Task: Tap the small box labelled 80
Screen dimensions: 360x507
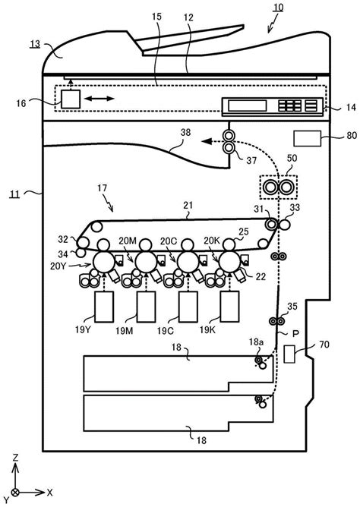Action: tap(308, 138)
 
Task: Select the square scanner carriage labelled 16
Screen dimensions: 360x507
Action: tap(71, 99)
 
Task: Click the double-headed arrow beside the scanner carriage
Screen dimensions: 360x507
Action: tap(99, 98)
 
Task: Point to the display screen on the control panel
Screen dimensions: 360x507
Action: tap(247, 105)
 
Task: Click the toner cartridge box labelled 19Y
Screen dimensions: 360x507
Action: tap(104, 307)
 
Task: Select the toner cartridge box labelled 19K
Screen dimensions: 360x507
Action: tap(229, 307)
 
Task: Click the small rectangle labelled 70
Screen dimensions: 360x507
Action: tap(289, 354)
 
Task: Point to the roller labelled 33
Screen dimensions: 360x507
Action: tap(285, 225)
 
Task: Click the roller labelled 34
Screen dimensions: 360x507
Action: tap(81, 253)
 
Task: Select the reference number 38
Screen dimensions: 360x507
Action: tap(185, 132)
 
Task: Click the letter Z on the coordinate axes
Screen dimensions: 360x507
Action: tap(15, 458)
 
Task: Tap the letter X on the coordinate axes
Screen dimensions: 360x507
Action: tap(50, 493)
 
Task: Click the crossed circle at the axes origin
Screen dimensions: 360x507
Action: tap(15, 493)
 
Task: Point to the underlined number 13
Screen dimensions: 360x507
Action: tap(35, 44)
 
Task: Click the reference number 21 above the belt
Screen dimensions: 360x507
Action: tap(188, 206)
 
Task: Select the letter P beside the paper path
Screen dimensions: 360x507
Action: tap(295, 333)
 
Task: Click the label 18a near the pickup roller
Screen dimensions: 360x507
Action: tap(256, 342)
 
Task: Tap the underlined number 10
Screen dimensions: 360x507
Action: tap(278, 7)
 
